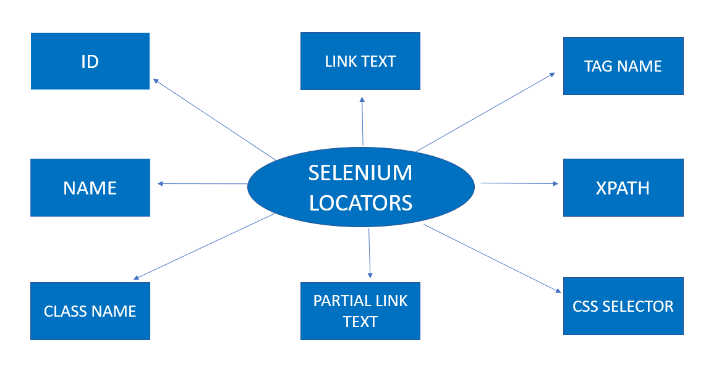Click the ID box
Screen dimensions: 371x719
[x=90, y=61]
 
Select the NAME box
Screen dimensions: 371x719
[x=90, y=188]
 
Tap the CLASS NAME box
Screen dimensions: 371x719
[x=90, y=311]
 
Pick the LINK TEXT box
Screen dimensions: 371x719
[x=360, y=61]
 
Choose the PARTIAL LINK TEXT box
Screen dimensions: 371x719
[x=360, y=311]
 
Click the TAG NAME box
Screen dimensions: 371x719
[x=623, y=66]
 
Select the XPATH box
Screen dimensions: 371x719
[x=623, y=188]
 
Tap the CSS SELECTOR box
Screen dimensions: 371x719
[x=623, y=306]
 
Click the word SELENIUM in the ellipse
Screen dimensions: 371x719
[x=360, y=173]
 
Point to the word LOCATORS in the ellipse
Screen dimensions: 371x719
[x=360, y=202]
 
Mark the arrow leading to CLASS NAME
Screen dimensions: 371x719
[x=204, y=247]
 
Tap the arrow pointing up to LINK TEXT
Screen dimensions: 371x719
[x=363, y=121]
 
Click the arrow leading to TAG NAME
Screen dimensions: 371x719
[x=485, y=112]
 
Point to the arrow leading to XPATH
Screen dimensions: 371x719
[x=519, y=183]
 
